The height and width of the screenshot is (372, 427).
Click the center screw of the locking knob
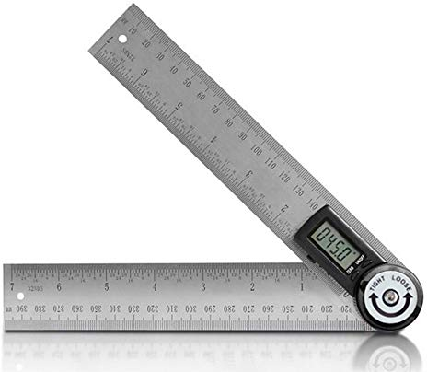click(390, 299)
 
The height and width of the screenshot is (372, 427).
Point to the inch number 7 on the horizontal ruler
click(11, 287)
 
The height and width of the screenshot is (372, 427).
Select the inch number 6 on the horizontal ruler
click(59, 287)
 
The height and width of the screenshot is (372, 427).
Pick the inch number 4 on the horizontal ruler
click(155, 287)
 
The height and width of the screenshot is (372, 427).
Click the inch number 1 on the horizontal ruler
click(300, 287)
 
